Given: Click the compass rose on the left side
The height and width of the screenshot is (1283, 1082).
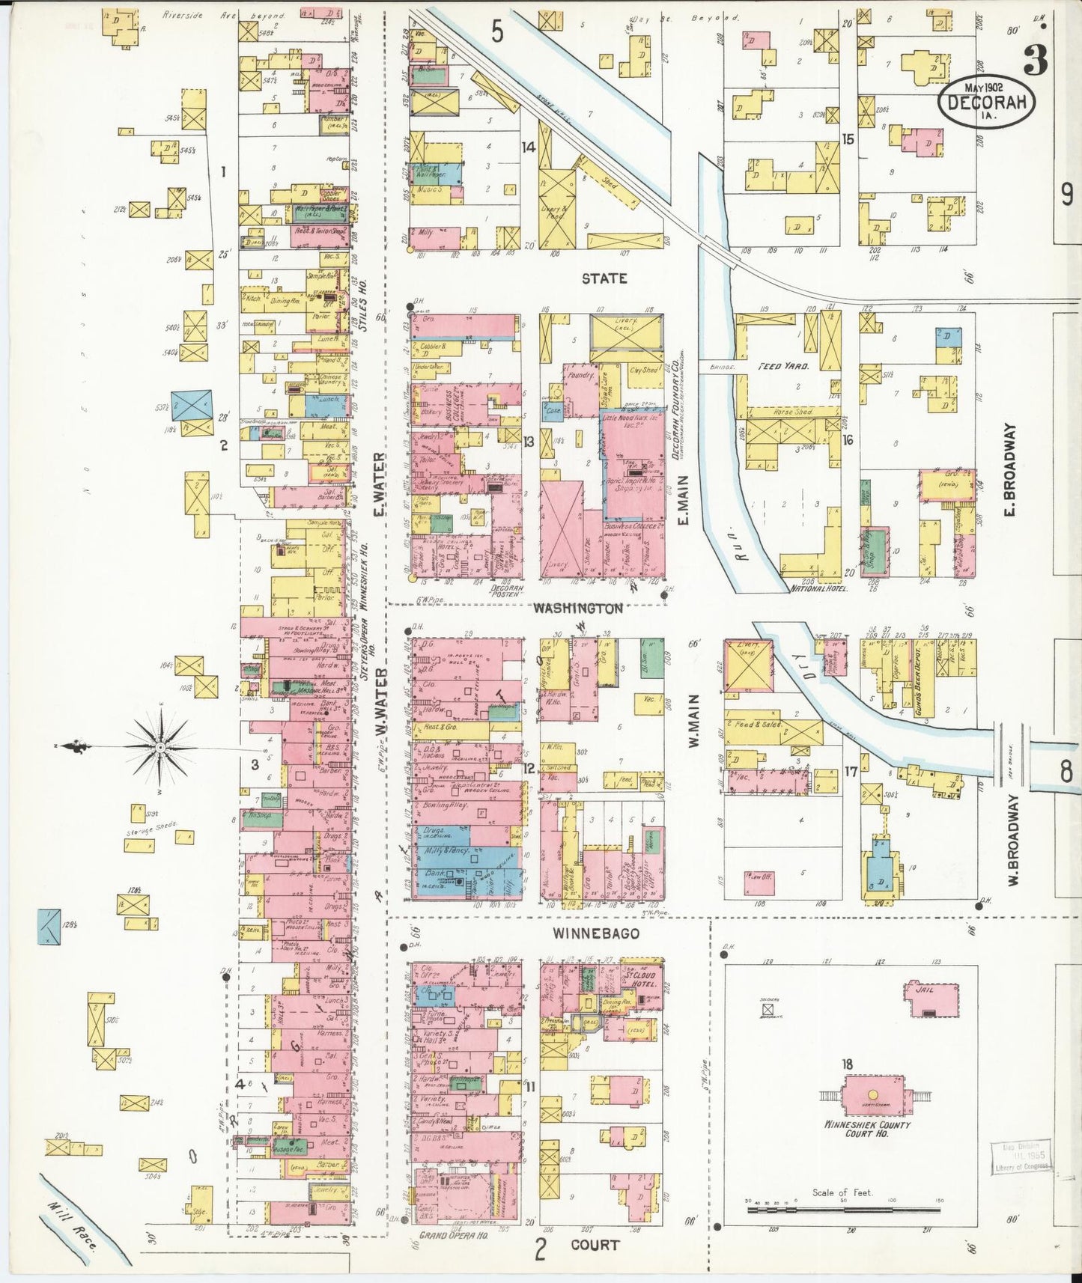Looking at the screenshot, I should pos(160,747).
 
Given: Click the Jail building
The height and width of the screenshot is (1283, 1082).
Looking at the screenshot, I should pos(932,999).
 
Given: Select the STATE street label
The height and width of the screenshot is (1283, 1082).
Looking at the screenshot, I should pos(604,278).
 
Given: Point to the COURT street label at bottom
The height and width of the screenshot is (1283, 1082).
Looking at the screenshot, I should pos(595,1245).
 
